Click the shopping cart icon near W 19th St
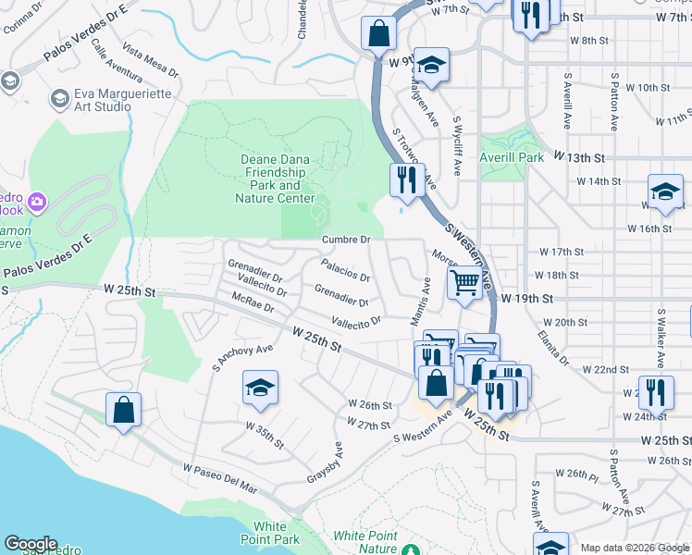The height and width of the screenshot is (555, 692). pyautogui.click(x=465, y=283)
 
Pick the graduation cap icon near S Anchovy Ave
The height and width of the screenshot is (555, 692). pyautogui.click(x=261, y=388)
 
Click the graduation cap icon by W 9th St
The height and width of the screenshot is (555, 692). pyautogui.click(x=431, y=65)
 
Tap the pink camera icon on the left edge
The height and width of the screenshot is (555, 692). pyautogui.click(x=37, y=201)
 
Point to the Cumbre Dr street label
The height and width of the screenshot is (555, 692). pyautogui.click(x=346, y=240)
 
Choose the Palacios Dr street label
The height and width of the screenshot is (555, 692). pyautogui.click(x=345, y=271)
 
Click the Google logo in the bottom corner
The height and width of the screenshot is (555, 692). pyautogui.click(x=31, y=543)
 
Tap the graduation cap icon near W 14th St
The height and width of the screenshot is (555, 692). pyautogui.click(x=665, y=192)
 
